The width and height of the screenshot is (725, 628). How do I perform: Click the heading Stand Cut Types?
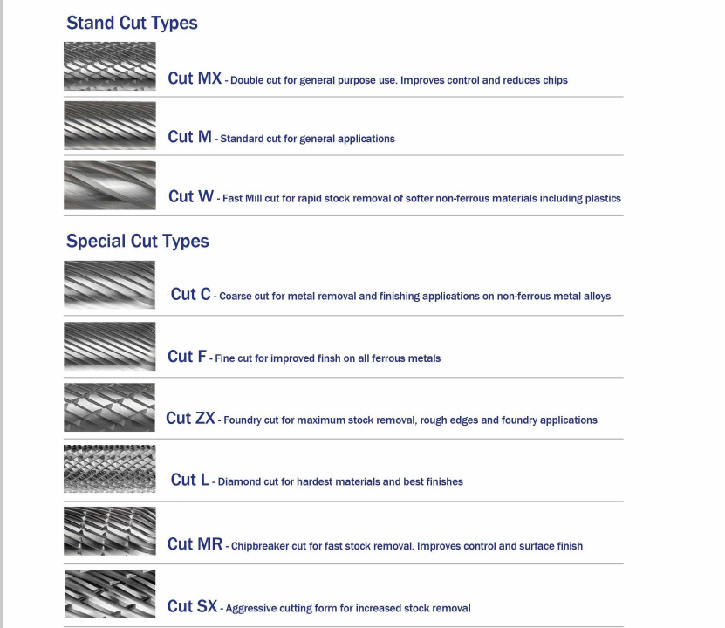(x=132, y=23)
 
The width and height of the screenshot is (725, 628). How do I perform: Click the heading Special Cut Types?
(x=137, y=242)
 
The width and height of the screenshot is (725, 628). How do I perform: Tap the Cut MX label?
(x=195, y=78)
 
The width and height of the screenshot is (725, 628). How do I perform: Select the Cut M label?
(x=189, y=137)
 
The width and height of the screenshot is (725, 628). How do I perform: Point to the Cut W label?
(x=190, y=196)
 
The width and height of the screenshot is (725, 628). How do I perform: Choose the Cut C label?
(x=190, y=294)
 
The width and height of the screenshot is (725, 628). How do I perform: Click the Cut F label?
(x=187, y=356)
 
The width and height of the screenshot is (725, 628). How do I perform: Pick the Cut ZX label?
(x=190, y=418)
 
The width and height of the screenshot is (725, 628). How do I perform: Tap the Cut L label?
(x=189, y=480)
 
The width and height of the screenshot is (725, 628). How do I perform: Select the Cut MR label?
(x=195, y=544)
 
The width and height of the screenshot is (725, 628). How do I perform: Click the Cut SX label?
(x=192, y=606)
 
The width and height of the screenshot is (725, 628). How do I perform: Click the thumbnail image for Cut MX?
(x=110, y=66)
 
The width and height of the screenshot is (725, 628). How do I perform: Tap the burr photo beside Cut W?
(x=110, y=185)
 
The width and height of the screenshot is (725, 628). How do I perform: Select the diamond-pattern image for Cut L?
(x=110, y=468)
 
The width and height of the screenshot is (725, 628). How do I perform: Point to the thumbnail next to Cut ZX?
(x=109, y=407)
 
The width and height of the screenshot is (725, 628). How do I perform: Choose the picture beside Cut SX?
(x=110, y=594)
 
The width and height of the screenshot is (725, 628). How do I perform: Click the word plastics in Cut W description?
(x=603, y=199)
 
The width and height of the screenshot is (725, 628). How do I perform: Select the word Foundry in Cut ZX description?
(x=243, y=420)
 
